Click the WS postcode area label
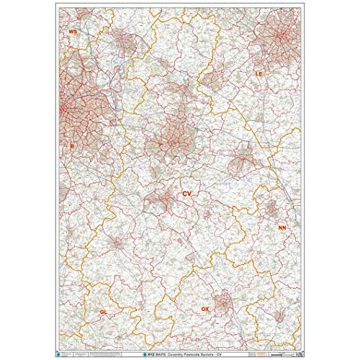(x=72, y=32)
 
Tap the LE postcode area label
(x=259, y=74)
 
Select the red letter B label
(x=72, y=146)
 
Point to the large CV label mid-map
(x=186, y=194)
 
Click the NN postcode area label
(x=282, y=228)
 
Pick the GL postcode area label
(x=103, y=312)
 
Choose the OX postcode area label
(x=205, y=308)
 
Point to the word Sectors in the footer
(x=215, y=354)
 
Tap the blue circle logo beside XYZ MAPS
(x=144, y=354)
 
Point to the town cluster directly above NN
(x=273, y=210)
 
